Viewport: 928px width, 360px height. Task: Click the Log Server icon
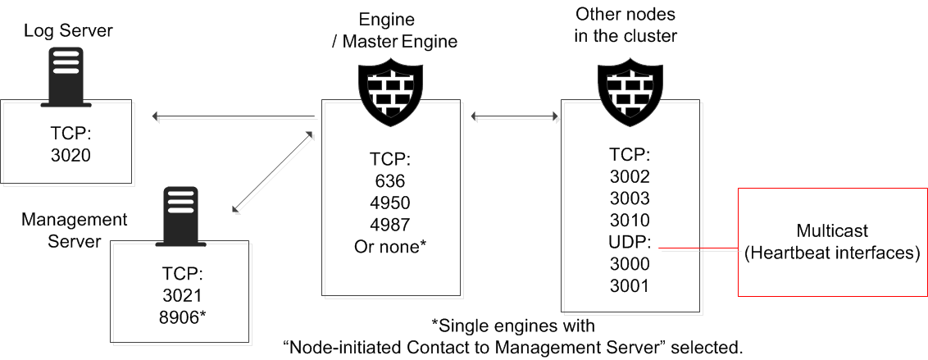coord(66,76)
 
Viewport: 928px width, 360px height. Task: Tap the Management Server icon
coord(181,216)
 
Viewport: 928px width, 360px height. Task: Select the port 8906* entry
coord(182,316)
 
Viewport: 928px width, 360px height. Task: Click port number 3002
coord(629,176)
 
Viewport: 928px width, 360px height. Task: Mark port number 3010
coord(629,220)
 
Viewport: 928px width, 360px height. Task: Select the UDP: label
coord(629,242)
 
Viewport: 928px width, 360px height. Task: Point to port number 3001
coord(629,285)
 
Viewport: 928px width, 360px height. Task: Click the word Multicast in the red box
coord(833,231)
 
